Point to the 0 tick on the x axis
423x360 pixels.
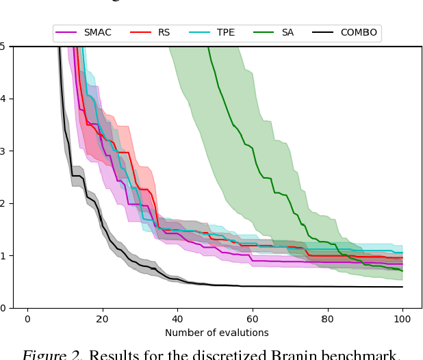[27, 318]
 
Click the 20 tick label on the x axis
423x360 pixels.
[102, 318]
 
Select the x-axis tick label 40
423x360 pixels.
[177, 318]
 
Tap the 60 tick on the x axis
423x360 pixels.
[252, 318]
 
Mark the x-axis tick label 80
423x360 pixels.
[327, 318]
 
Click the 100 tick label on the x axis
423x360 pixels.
[402, 318]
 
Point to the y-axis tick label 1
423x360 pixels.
[3, 255]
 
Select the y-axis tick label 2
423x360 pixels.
[3, 203]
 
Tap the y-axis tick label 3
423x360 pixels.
[3, 151]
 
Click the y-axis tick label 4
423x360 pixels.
[3, 99]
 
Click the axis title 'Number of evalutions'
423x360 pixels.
[216, 333]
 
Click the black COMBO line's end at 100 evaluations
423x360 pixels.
[402, 287]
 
